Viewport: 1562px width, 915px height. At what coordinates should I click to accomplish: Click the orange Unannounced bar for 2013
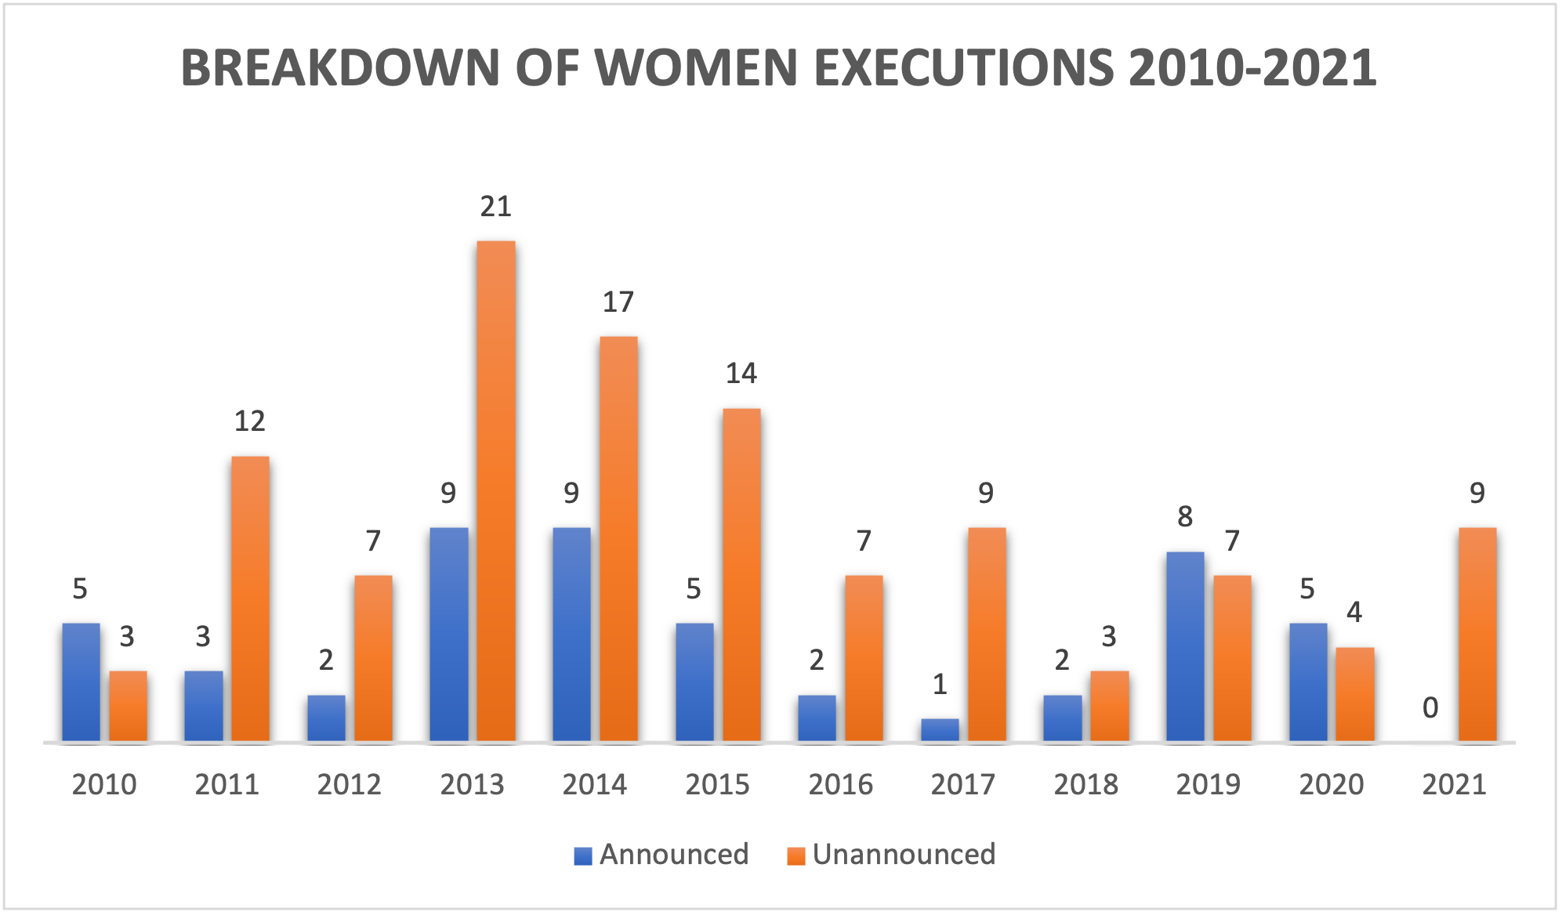pyautogui.click(x=496, y=491)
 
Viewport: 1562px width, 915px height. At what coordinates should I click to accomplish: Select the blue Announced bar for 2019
pyautogui.click(x=1185, y=646)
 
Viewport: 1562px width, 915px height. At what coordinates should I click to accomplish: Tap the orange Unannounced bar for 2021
pyautogui.click(x=1477, y=635)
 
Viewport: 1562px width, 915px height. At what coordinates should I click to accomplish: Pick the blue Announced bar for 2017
pyautogui.click(x=940, y=729)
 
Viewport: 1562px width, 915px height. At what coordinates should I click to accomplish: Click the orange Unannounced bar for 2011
pyautogui.click(x=250, y=599)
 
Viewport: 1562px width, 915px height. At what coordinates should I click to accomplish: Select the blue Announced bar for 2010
pyautogui.click(x=81, y=682)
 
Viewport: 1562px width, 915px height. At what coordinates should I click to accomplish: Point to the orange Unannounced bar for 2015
pyautogui.click(x=741, y=575)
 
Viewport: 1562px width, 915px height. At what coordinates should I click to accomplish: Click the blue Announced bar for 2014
pyautogui.click(x=571, y=635)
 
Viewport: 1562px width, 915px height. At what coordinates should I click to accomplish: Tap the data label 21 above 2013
pyautogui.click(x=495, y=207)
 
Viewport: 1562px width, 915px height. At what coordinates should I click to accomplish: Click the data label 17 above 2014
pyautogui.click(x=618, y=302)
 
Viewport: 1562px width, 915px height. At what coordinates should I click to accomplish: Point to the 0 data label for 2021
pyautogui.click(x=1430, y=708)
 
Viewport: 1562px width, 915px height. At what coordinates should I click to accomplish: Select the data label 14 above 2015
pyautogui.click(x=741, y=374)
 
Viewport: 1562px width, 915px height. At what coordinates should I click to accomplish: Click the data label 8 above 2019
pyautogui.click(x=1185, y=517)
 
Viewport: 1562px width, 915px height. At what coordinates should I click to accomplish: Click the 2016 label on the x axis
pyautogui.click(x=840, y=784)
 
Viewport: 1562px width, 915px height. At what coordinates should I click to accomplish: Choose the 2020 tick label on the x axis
pyautogui.click(x=1331, y=784)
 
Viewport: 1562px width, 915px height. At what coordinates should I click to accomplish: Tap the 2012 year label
pyautogui.click(x=349, y=784)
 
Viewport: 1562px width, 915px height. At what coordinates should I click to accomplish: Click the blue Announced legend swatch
pyautogui.click(x=582, y=855)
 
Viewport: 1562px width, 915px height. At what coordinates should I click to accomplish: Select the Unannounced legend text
pyautogui.click(x=904, y=854)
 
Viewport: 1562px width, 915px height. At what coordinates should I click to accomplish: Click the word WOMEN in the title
pyautogui.click(x=698, y=68)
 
